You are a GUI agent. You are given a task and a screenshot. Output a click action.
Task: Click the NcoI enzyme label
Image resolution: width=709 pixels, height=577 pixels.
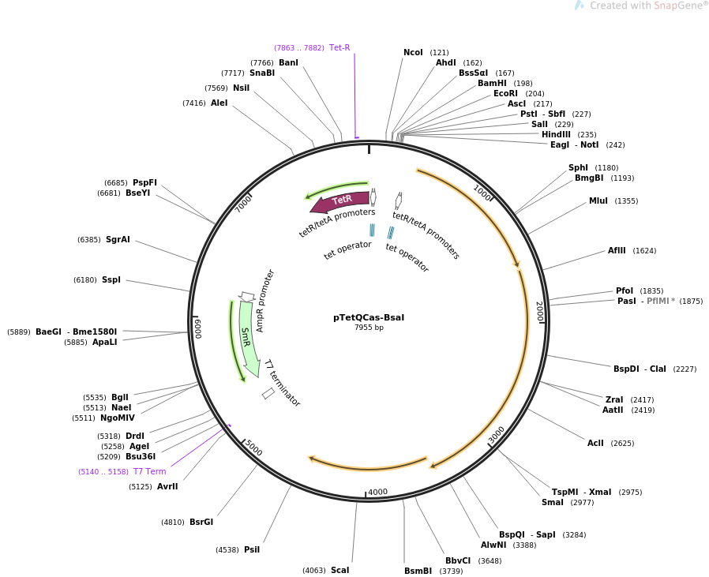click(413, 53)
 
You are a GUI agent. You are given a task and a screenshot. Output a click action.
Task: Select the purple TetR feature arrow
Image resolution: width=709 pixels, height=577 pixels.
click(340, 202)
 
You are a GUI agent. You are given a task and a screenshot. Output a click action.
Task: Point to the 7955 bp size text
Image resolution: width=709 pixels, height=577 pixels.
click(369, 328)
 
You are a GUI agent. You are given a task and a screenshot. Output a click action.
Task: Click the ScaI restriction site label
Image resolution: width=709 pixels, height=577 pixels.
click(339, 570)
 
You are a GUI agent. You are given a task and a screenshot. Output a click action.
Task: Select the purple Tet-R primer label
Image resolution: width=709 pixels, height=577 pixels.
click(339, 47)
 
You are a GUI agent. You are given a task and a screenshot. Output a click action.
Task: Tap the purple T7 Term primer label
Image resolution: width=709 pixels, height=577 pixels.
click(149, 471)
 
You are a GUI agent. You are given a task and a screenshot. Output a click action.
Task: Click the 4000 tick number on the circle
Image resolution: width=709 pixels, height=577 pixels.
click(378, 492)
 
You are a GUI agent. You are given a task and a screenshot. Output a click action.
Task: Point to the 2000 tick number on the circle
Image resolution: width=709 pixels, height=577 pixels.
click(539, 311)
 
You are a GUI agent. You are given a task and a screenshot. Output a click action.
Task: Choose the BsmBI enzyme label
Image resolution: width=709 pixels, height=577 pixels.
click(418, 571)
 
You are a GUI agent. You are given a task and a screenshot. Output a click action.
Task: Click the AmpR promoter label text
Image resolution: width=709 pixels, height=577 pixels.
click(266, 301)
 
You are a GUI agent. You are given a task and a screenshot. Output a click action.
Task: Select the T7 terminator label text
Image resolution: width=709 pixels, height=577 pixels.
click(282, 384)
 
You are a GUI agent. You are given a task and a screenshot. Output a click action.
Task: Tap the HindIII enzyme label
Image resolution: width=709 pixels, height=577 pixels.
click(556, 134)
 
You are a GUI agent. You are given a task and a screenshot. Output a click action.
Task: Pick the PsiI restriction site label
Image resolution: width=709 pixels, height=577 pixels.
click(252, 549)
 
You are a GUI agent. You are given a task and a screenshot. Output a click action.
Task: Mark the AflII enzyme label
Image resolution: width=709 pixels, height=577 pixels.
click(617, 251)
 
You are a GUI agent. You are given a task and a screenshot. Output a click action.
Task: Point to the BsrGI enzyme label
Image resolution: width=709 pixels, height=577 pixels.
click(201, 522)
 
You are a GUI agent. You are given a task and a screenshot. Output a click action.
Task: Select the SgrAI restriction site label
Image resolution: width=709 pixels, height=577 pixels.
click(118, 239)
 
